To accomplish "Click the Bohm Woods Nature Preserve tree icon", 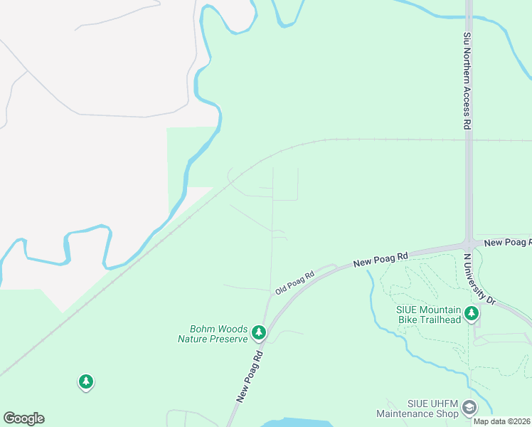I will [259, 332].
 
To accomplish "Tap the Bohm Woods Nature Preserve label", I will [213, 334].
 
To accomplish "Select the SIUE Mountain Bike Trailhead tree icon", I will [471, 313].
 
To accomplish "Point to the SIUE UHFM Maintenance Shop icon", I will [469, 407].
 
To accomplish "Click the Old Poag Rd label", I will [294, 283].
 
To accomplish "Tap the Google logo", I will [23, 418].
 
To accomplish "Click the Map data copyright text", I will [501, 421].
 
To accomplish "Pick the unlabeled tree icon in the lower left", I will [86, 382].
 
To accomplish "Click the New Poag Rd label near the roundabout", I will [507, 243].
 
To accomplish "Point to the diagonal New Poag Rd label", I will [250, 376].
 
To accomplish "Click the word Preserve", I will [228, 339].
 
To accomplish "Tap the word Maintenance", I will [405, 413].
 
